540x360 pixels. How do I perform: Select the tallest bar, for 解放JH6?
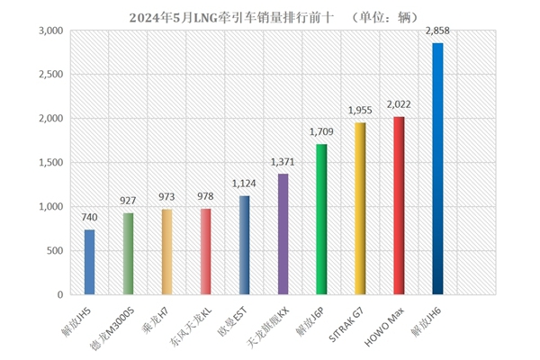[x=437, y=169]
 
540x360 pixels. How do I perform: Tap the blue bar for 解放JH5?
[x=89, y=262]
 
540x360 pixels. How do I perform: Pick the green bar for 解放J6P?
[x=321, y=220]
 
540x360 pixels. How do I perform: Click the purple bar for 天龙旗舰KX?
[x=283, y=234]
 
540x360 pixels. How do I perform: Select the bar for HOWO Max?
[x=399, y=205]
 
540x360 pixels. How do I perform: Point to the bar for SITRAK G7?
[x=360, y=209]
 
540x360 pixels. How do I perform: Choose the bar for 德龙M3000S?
[x=128, y=254]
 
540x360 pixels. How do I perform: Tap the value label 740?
[x=89, y=219]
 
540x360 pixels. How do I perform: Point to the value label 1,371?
[x=283, y=163]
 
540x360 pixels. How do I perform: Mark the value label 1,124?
[x=244, y=185]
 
